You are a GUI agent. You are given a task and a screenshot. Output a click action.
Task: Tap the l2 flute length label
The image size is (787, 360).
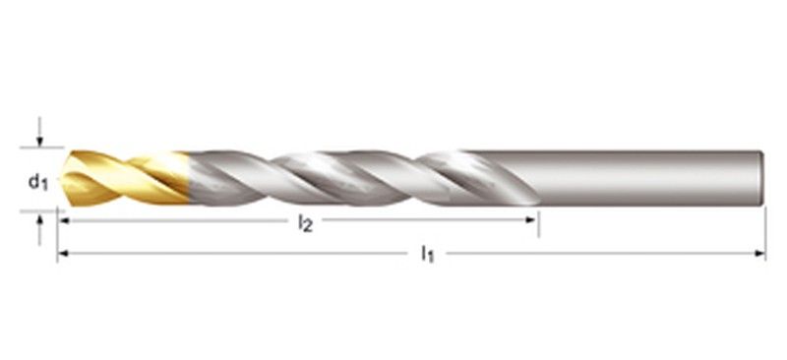305,222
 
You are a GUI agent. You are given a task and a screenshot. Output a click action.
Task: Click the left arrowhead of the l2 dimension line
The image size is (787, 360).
63,220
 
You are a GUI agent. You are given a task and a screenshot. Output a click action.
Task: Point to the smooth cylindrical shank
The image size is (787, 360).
639,177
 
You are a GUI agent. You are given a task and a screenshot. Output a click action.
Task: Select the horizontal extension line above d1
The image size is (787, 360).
39,150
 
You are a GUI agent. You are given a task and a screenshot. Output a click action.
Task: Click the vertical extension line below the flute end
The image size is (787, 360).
538,221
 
